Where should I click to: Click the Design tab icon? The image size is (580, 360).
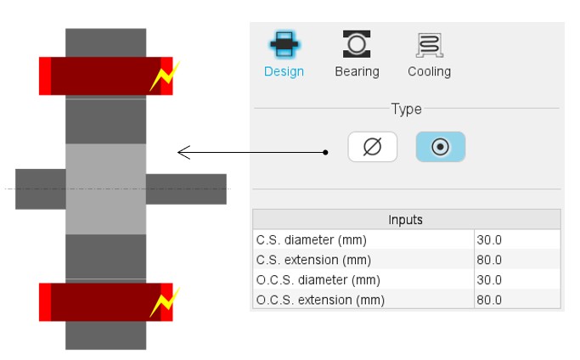click(283, 44)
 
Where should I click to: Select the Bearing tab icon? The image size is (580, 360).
click(357, 44)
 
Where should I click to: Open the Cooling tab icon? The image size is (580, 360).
click(429, 44)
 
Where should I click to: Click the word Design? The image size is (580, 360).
click(284, 71)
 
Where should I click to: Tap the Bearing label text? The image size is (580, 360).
click(357, 71)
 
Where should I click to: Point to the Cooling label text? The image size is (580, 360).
click(429, 71)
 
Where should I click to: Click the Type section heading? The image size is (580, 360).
click(406, 109)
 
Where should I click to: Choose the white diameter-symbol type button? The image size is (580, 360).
click(372, 147)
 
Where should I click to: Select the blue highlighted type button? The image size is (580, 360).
click(440, 147)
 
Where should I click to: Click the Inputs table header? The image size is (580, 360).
click(406, 219)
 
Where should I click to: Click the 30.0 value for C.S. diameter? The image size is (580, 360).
click(490, 239)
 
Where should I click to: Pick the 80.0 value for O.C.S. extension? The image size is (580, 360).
click(490, 300)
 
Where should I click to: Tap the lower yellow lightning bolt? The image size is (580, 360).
click(164, 302)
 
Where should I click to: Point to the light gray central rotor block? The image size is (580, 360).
click(105, 188)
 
